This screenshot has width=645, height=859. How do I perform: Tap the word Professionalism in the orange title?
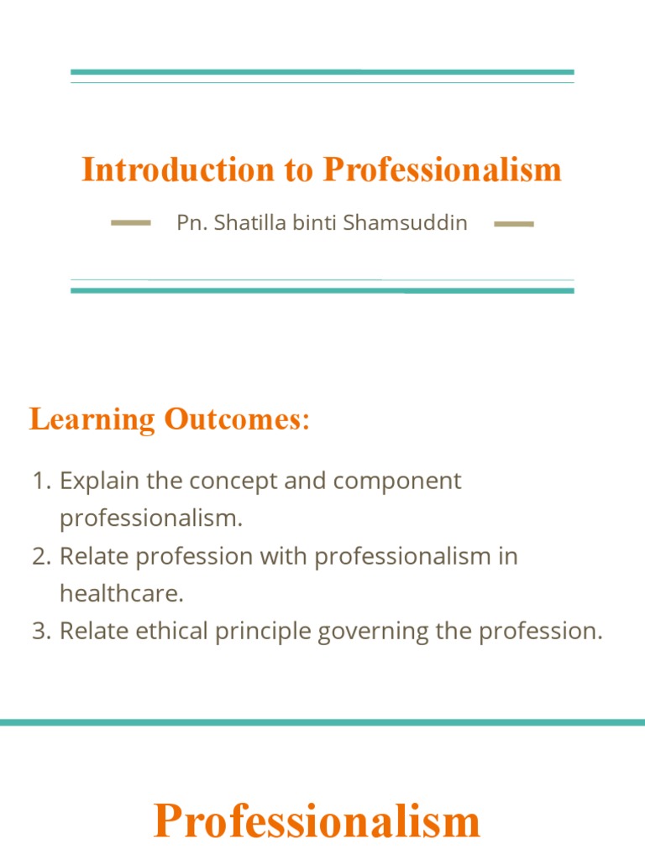point(443,169)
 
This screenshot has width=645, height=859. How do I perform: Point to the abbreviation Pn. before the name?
point(189,223)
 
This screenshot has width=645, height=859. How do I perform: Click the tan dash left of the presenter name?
point(131,223)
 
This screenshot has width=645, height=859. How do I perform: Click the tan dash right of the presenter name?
point(514,224)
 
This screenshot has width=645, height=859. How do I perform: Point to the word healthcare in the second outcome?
point(120,594)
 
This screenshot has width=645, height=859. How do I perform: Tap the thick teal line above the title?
point(322,72)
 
